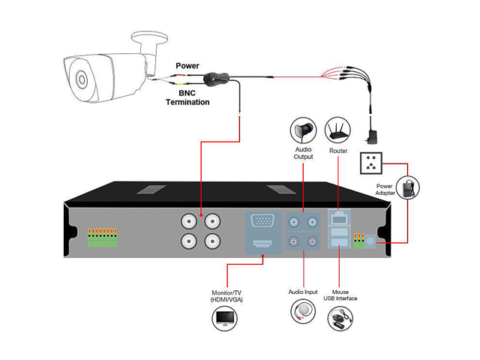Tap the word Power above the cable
tap(187, 66)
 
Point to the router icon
tap(338, 130)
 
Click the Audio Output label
tap(303, 154)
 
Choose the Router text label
tap(338, 151)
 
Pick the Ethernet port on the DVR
tap(339, 219)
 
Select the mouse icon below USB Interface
tap(340, 321)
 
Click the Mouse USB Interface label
tap(340, 295)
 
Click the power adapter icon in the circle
tap(409, 187)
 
